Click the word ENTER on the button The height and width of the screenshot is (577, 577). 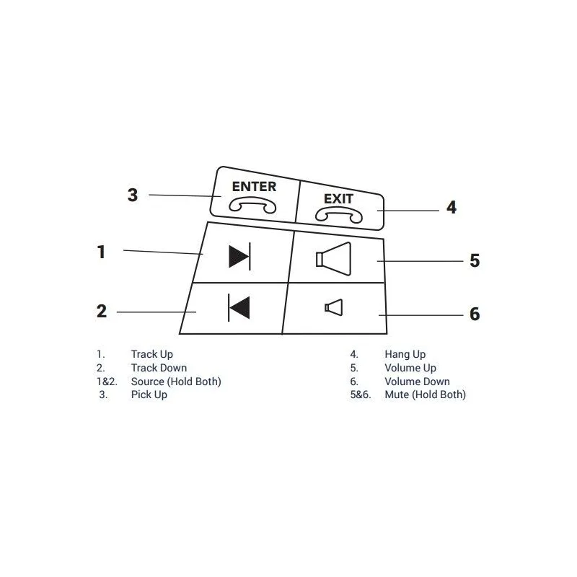(x=254, y=187)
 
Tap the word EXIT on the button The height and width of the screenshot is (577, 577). (x=338, y=199)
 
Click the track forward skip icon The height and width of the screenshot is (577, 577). (x=239, y=257)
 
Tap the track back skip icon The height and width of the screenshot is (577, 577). (x=239, y=308)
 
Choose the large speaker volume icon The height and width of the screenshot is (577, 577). (x=333, y=259)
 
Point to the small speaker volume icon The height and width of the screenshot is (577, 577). (x=333, y=308)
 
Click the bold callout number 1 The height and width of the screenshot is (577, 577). (x=101, y=252)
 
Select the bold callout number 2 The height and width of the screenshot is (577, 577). (x=102, y=312)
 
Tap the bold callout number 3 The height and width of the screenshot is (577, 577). (x=133, y=195)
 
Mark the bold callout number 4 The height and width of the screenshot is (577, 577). (x=452, y=208)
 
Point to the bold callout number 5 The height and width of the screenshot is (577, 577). (x=475, y=260)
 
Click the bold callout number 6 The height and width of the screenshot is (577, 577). (x=475, y=314)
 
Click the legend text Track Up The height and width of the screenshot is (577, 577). (x=152, y=354)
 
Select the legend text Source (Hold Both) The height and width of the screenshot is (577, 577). (x=176, y=382)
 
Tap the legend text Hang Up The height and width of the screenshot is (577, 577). (x=405, y=354)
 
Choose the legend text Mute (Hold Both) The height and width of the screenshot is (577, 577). (x=426, y=395)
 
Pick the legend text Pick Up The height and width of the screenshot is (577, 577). (x=149, y=395)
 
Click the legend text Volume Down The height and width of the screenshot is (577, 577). (x=418, y=382)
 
